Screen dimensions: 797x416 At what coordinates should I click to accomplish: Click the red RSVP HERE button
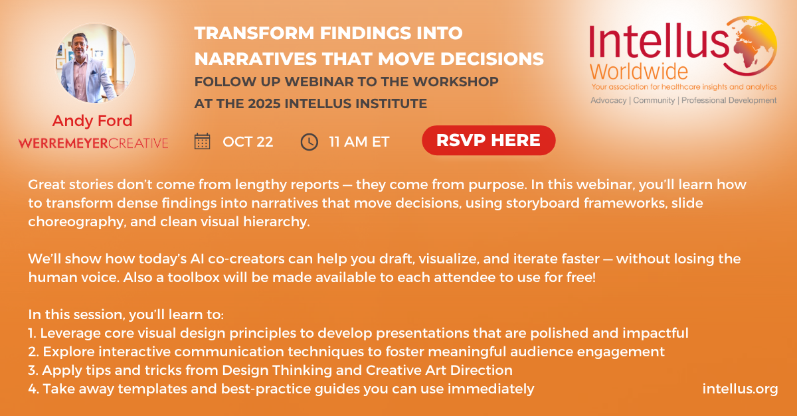pos(489,140)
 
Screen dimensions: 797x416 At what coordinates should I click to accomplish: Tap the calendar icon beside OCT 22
pos(202,141)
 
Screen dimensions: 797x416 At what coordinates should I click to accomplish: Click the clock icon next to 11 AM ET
pos(310,142)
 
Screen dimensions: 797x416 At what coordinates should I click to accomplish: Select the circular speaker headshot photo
pos(95,63)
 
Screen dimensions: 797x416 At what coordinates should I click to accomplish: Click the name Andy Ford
pos(92,121)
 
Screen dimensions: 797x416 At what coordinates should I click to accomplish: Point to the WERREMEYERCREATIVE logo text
pos(93,143)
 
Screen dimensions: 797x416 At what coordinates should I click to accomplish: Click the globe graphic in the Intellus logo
pos(751,46)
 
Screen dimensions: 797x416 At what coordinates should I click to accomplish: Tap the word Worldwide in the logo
pos(639,72)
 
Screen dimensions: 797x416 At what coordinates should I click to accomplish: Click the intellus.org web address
pos(740,389)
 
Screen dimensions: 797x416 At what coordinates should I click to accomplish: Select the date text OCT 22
pos(248,142)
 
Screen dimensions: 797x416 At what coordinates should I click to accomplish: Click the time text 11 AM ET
pos(359,142)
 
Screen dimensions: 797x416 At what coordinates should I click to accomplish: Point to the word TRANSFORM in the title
pos(254,33)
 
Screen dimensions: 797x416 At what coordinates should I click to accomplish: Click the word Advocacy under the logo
pos(608,101)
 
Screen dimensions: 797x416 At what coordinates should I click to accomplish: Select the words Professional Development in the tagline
pos(729,101)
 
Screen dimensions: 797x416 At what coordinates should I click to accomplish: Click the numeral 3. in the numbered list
pos(33,370)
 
